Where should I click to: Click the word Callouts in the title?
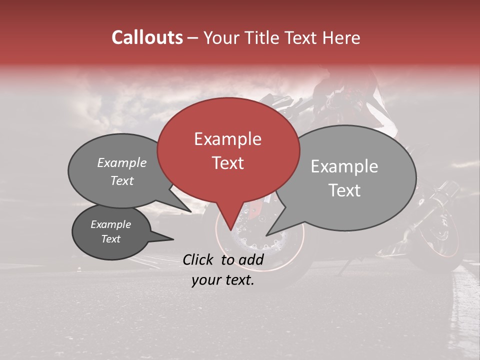(147, 37)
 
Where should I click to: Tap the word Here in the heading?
(341, 37)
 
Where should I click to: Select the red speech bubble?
(228, 150)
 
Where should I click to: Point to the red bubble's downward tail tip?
(230, 230)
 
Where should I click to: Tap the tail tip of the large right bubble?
(266, 235)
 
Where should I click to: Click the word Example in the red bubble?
(227, 139)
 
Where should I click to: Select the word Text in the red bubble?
(227, 163)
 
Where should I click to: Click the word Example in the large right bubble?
(344, 166)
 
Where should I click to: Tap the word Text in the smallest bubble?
(111, 239)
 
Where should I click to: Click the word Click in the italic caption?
(198, 259)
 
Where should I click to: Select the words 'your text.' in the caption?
(223, 280)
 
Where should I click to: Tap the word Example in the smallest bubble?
(111, 224)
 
